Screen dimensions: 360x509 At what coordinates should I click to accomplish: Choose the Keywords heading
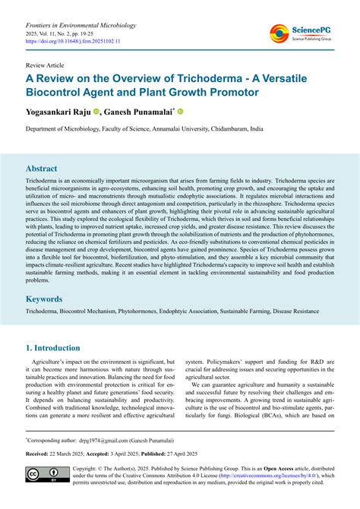47,299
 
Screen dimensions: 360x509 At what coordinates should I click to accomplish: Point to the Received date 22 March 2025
74,453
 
